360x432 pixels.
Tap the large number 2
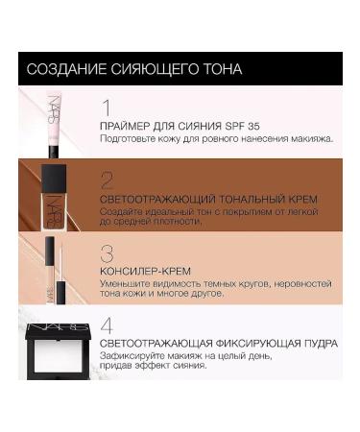point(108,179)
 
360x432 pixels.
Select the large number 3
point(108,253)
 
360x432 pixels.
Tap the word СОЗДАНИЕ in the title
point(65,69)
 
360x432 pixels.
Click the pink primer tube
point(56,120)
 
